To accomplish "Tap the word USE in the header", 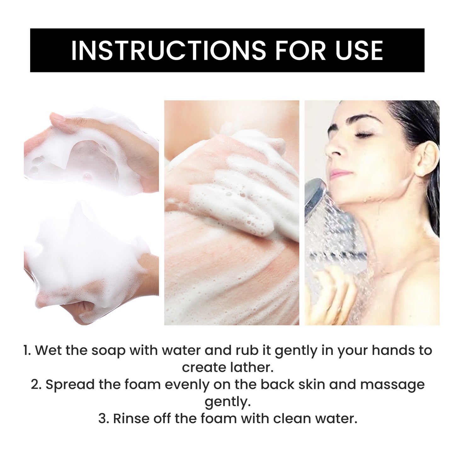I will [359, 50].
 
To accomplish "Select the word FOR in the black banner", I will [300, 50].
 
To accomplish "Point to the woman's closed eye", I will [363, 135].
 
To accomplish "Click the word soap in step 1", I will [108, 350].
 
